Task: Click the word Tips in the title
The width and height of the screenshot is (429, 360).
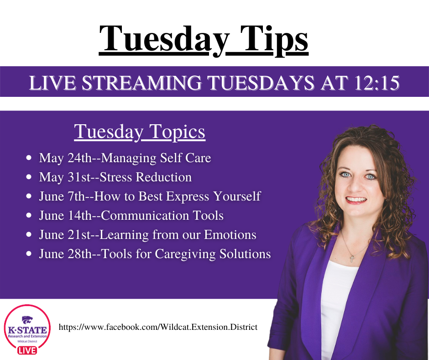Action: click(274, 40)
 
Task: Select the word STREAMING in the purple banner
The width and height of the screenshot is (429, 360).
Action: click(142, 83)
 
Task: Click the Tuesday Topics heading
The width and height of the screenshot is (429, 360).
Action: click(140, 132)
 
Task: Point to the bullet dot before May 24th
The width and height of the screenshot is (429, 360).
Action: click(29, 158)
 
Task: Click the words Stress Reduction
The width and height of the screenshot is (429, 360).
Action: click(146, 177)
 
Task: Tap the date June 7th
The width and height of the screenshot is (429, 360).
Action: click(62, 196)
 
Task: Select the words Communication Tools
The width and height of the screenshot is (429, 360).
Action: click(162, 215)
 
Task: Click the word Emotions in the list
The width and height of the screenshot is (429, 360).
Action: click(230, 234)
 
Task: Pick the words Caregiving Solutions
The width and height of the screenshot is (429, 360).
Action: click(213, 254)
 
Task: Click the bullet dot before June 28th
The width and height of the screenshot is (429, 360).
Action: click(29, 254)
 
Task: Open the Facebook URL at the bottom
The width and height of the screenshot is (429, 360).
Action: click(158, 327)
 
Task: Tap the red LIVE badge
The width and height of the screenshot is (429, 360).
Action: click(27, 350)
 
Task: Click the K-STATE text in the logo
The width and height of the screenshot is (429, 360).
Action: click(27, 330)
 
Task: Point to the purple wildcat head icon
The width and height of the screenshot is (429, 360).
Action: click(27, 320)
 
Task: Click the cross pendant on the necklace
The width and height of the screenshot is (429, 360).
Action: click(352, 259)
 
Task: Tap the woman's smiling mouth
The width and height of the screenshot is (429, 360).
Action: click(356, 200)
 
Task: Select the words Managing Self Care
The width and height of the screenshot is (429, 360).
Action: click(156, 158)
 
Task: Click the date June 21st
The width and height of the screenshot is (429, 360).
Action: click(65, 234)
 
